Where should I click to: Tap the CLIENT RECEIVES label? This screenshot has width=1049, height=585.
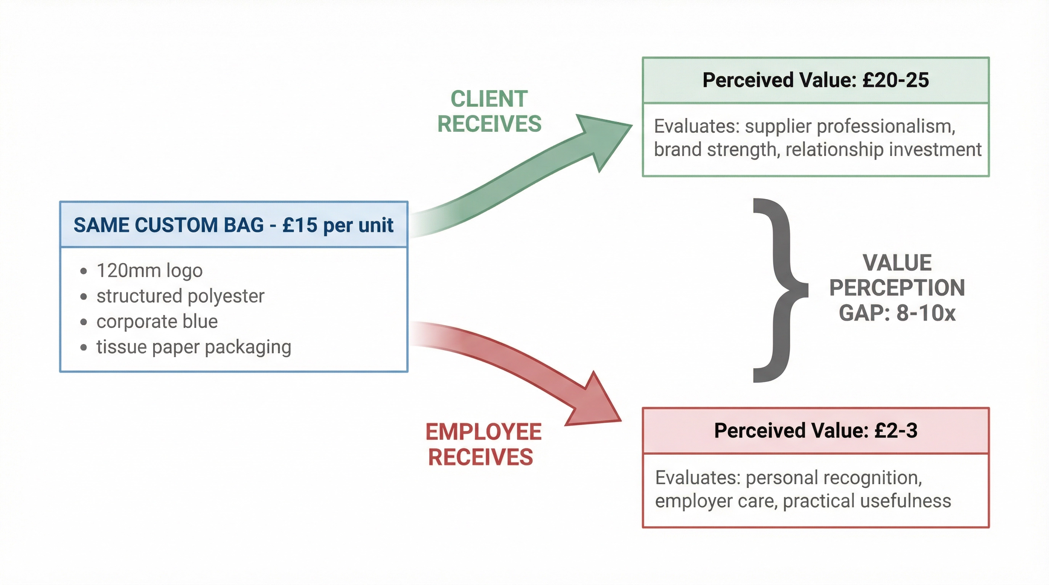pyautogui.click(x=489, y=111)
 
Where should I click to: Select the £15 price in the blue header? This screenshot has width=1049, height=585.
pyautogui.click(x=299, y=225)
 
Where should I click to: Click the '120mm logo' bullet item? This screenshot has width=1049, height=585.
pyautogui.click(x=149, y=270)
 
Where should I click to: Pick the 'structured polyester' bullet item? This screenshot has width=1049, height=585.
pyautogui.click(x=180, y=296)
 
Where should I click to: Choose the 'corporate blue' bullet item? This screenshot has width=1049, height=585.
pyautogui.click(x=157, y=321)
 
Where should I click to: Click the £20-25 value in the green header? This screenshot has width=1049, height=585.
pyautogui.click(x=895, y=80)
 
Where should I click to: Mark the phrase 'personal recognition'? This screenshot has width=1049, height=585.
pyautogui.click(x=833, y=477)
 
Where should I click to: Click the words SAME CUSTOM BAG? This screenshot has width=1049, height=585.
pyautogui.click(x=168, y=225)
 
